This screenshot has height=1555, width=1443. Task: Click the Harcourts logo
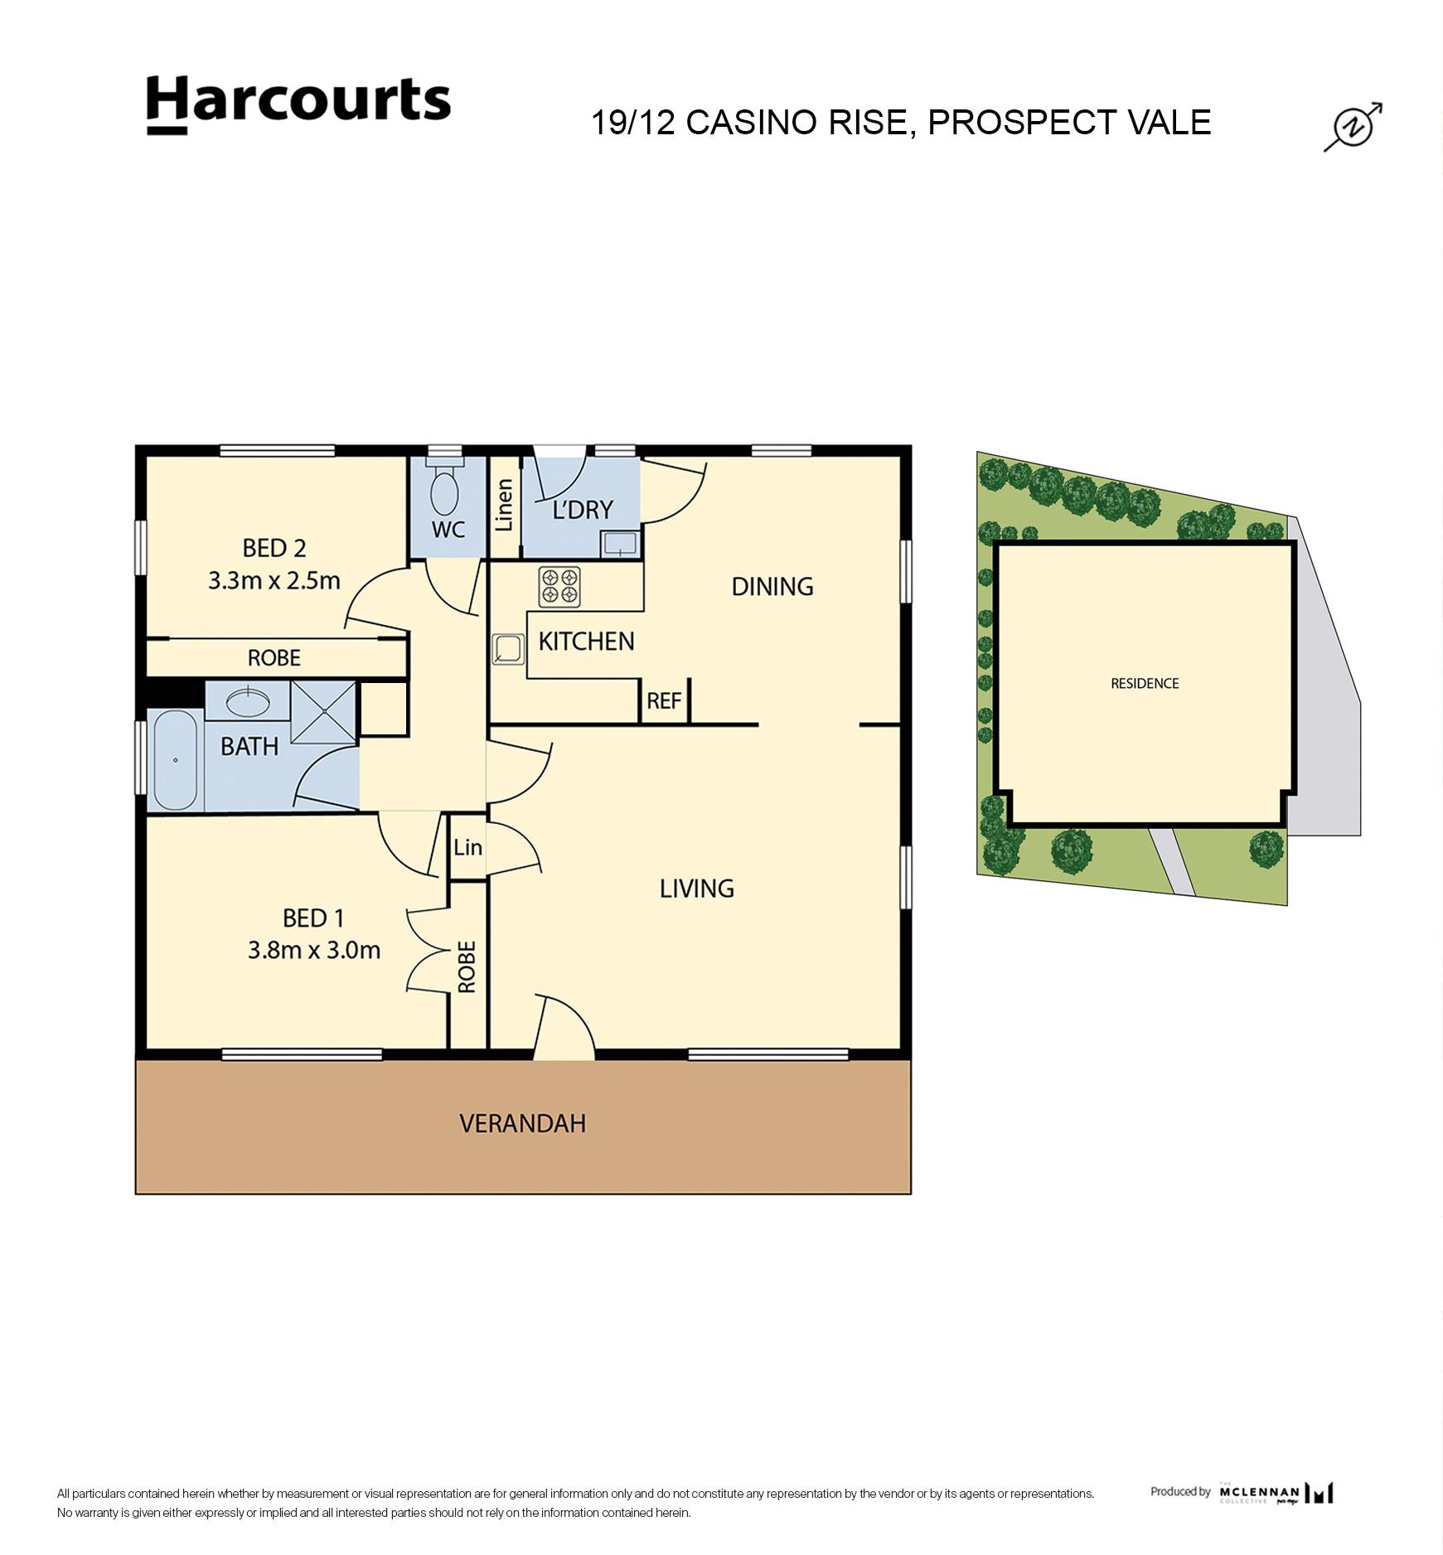point(298,104)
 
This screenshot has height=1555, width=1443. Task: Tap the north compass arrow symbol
point(1352,127)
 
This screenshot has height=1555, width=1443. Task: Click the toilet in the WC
point(445,492)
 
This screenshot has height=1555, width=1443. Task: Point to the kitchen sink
point(507,649)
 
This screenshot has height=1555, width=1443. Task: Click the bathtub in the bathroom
point(175,760)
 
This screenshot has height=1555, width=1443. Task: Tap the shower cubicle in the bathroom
point(323,712)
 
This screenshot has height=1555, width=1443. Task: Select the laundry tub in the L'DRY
point(620,544)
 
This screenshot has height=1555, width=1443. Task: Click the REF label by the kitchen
point(664,701)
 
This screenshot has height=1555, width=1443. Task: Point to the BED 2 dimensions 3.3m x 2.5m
point(274,580)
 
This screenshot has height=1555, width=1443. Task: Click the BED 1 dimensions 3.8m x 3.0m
point(314,950)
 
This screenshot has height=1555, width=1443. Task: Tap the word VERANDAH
point(522,1124)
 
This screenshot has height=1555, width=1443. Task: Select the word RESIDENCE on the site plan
point(1144,683)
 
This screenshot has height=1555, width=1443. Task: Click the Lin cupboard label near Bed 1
point(467,847)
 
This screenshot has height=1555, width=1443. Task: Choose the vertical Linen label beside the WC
point(504,505)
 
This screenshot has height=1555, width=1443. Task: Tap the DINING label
point(772,587)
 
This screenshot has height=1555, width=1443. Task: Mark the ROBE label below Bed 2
point(274,658)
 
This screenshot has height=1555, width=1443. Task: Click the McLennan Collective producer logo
point(1276,1493)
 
